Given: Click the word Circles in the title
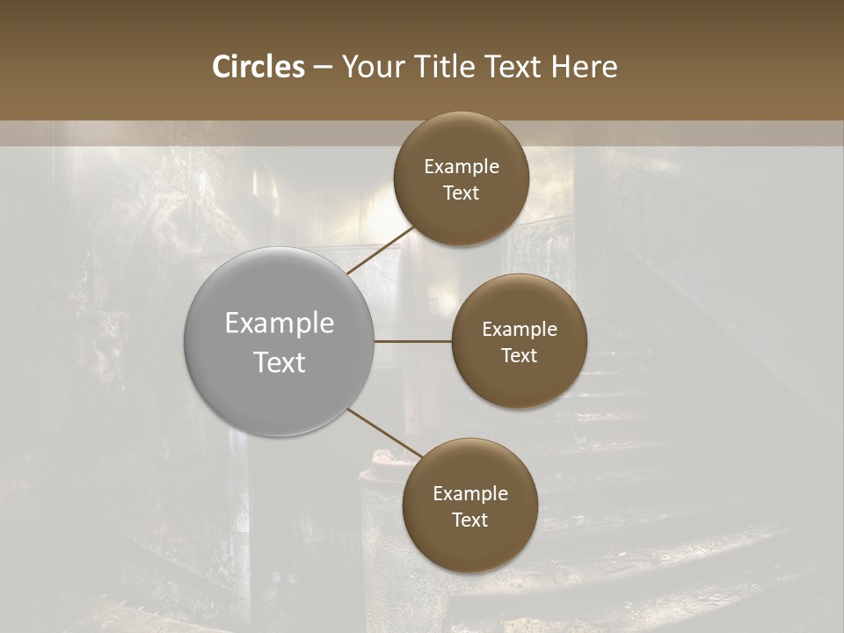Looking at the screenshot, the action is point(258,67).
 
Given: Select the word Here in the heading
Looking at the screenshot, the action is point(585,67).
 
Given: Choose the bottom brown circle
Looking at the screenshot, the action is point(469,545).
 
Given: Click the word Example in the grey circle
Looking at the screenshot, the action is point(280,324).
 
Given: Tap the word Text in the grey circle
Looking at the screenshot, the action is point(280,362).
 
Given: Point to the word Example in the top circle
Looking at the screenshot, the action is point(462,167).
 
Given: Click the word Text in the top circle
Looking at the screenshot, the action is point(461,193).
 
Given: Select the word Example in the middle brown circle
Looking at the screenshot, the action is point(520,330).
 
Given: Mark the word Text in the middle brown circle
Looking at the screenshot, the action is point(519,356).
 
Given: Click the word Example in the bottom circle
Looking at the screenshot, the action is point(470,494).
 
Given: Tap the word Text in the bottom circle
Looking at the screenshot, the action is point(469,520).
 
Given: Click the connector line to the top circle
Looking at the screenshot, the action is point(380,250).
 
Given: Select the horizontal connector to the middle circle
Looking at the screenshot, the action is point(413,341).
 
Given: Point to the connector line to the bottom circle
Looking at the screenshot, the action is point(383,433).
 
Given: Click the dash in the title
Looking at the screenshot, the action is point(323,68).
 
